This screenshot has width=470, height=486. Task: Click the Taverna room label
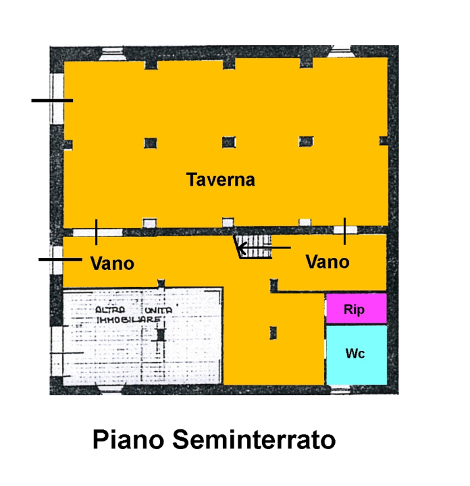click(x=221, y=180)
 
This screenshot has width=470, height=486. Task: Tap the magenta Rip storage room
click(x=356, y=309)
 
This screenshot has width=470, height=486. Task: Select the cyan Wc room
click(x=356, y=354)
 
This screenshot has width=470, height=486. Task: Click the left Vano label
click(x=112, y=263)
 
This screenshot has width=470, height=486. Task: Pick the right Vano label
click(x=328, y=261)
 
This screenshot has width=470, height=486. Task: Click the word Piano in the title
click(x=127, y=440)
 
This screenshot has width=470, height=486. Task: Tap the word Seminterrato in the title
click(x=254, y=440)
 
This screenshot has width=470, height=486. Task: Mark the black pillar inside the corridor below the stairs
click(x=272, y=332)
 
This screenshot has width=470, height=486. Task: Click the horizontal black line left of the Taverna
click(x=52, y=101)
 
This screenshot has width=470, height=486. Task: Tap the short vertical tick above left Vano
click(x=97, y=232)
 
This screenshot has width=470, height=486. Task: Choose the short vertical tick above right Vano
click(x=344, y=231)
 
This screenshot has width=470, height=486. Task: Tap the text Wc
click(x=355, y=353)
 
